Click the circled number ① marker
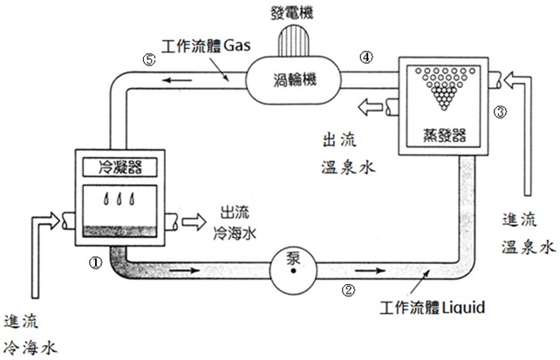[x=95, y=263]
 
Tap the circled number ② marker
[x=348, y=289]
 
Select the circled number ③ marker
[x=500, y=112]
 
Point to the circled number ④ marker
[x=366, y=57]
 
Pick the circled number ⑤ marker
[x=149, y=59]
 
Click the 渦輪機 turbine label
[x=295, y=79]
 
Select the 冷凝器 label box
[x=120, y=167]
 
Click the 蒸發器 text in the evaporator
[x=444, y=135]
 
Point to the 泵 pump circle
[x=293, y=270]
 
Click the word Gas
[x=236, y=45]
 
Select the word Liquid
[x=463, y=307]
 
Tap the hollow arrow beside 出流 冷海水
[x=194, y=221]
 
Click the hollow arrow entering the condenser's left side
[x=47, y=221]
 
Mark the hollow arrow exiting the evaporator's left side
[x=371, y=106]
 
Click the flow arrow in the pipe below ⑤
[x=177, y=80]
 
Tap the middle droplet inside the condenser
[x=120, y=199]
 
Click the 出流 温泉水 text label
[x=347, y=153]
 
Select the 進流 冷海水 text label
[x=31, y=335]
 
